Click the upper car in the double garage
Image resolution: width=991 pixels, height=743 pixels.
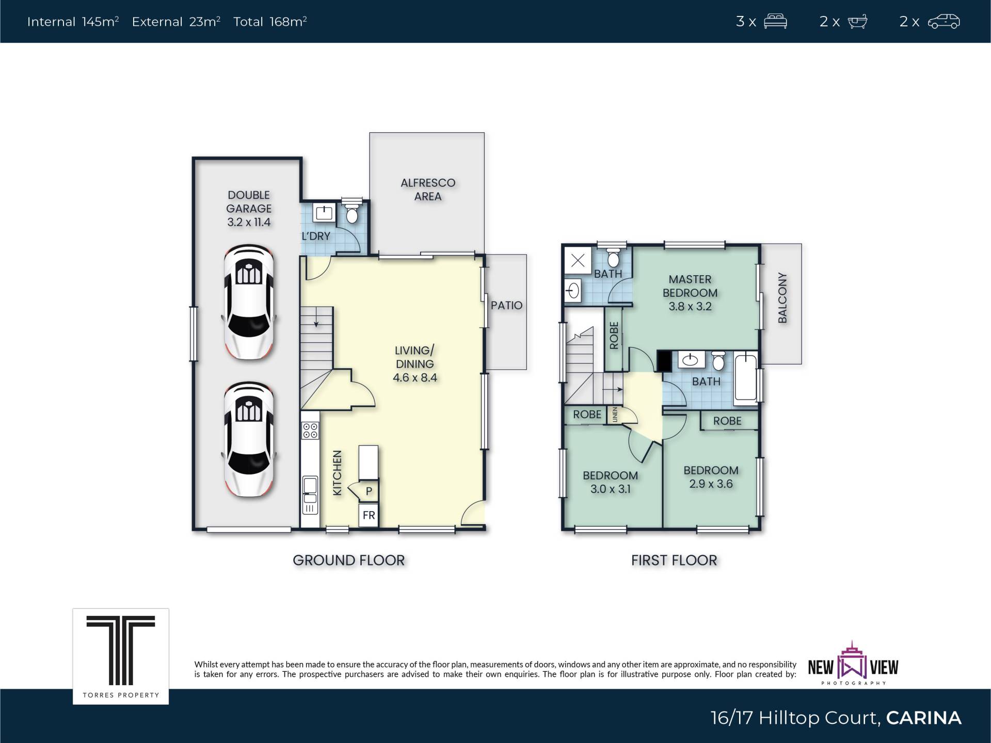[249, 302]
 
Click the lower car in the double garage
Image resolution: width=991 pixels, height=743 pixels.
[249, 439]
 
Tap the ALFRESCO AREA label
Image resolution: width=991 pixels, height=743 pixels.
[428, 189]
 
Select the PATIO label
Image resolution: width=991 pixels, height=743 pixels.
[506, 305]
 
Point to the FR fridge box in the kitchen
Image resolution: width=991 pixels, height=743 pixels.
[369, 515]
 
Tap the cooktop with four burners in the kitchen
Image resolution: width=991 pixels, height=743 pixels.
[310, 431]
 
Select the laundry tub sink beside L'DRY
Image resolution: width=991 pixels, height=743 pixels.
[324, 212]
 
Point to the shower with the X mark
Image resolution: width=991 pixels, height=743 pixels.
[578, 260]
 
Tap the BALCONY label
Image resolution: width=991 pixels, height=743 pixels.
[782, 298]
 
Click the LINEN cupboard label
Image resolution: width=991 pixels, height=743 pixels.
[615, 415]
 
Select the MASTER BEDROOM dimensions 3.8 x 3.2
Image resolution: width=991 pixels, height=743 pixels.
[690, 306]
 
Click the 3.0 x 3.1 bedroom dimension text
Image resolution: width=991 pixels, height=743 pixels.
[610, 489]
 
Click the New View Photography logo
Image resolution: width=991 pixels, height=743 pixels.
[853, 663]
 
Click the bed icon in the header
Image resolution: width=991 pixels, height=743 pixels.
[775, 22]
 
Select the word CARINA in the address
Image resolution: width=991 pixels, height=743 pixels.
[923, 718]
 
